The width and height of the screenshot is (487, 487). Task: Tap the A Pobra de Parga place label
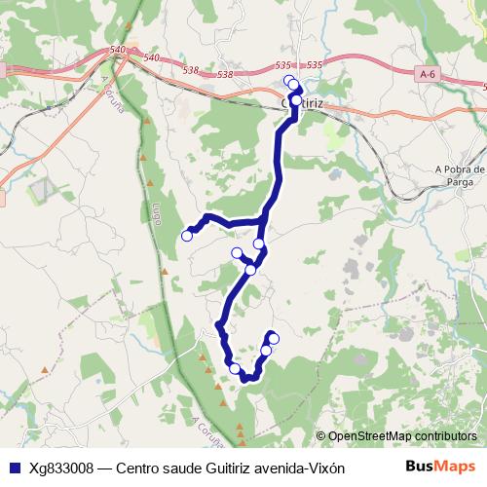point(460,173)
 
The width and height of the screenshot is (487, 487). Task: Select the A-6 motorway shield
point(426,74)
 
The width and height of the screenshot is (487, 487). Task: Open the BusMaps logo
point(441,467)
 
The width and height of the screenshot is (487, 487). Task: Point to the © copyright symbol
point(320,436)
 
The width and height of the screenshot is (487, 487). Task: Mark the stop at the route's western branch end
point(187,235)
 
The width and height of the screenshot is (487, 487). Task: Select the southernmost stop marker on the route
point(234,368)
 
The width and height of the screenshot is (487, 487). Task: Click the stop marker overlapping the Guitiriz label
point(296,99)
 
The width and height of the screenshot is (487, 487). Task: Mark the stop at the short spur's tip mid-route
point(237,253)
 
